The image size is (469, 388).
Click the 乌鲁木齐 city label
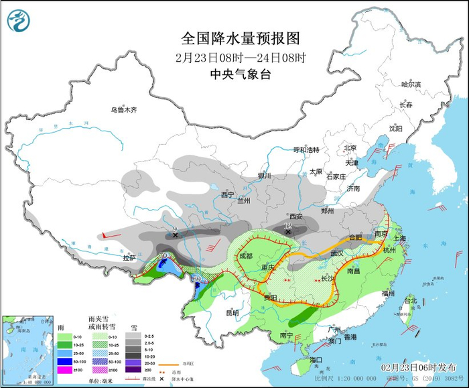pyautogui.click(x=123, y=109)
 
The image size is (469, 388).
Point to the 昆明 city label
pyautogui.click(x=232, y=312)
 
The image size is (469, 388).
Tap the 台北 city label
pyautogui.click(x=409, y=300)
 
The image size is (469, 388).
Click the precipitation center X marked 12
pyautogui.click(x=288, y=231)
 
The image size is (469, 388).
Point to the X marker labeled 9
pyautogui.click(x=176, y=235)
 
